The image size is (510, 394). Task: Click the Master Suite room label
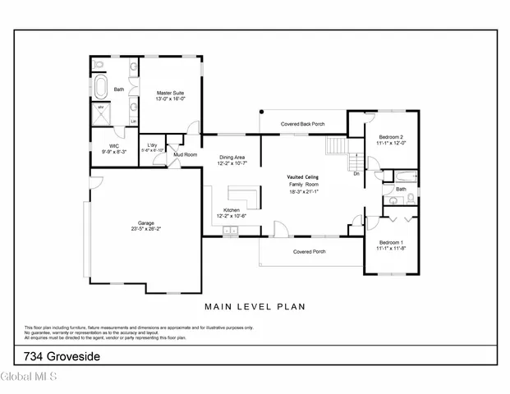click(169, 93)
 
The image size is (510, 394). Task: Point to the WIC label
click(103, 145)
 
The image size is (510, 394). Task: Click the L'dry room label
click(153, 144)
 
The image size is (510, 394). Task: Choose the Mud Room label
click(185, 154)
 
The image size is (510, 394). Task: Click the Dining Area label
click(232, 157)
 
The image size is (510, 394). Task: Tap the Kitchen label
click(232, 210)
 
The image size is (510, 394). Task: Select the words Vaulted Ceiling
click(302, 177)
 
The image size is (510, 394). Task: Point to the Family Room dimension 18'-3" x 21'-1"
click(302, 192)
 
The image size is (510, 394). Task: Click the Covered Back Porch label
click(302, 124)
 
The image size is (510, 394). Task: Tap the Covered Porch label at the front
click(309, 251)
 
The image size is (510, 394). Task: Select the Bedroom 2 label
click(391, 136)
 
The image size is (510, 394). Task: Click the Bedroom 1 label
click(390, 241)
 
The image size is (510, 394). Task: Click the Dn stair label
click(356, 174)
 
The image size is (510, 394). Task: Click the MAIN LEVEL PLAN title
click(255, 307)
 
